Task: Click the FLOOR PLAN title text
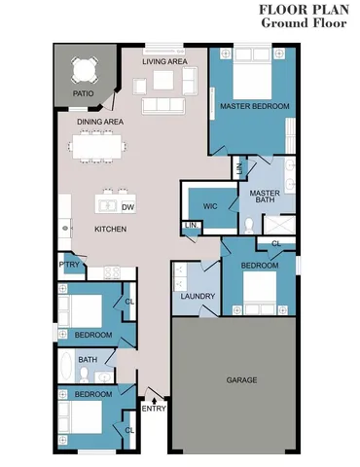pos(304,10)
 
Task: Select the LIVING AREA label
pos(164,61)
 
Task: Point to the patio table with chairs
pos(83,70)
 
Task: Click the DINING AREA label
pos(100,122)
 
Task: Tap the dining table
pos(97,147)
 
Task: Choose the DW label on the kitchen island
pos(128,206)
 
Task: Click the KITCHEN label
pos(110,229)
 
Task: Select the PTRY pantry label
pos(68,264)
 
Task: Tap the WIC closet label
pos(210,206)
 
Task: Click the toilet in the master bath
pos(249,225)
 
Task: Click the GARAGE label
pos(241,379)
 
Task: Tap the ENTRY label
pos(154,408)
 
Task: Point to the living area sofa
pos(164,104)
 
